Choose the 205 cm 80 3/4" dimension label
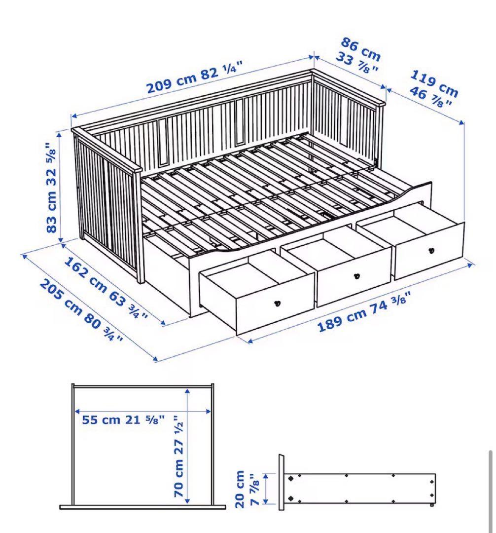point(81,311)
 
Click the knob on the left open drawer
point(278,303)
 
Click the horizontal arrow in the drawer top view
point(143,411)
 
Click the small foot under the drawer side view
point(432,505)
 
